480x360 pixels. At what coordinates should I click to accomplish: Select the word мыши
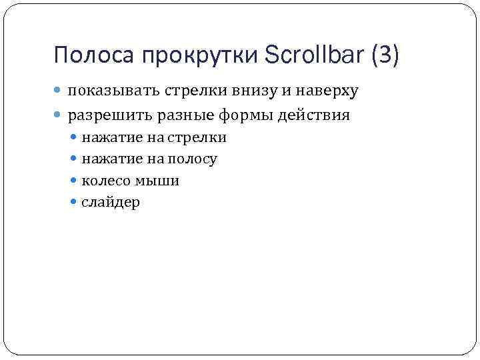(x=158, y=181)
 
